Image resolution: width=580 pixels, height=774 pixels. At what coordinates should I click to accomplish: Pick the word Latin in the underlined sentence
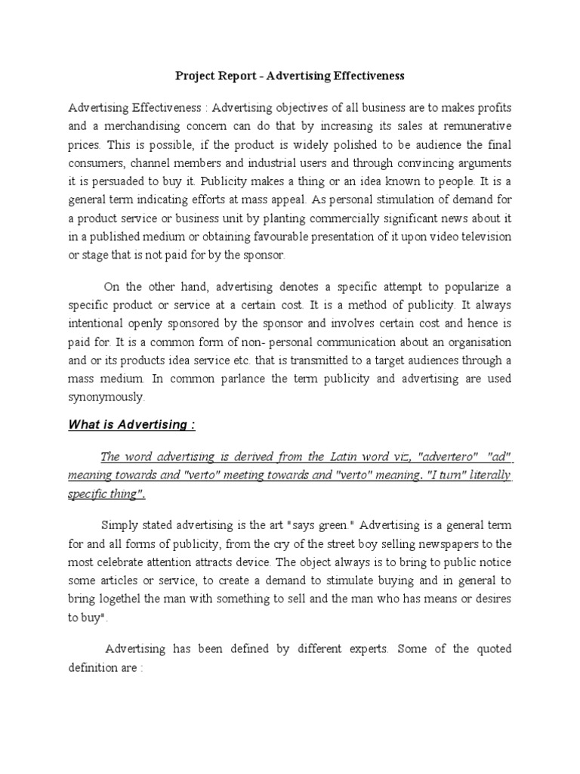(x=338, y=456)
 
